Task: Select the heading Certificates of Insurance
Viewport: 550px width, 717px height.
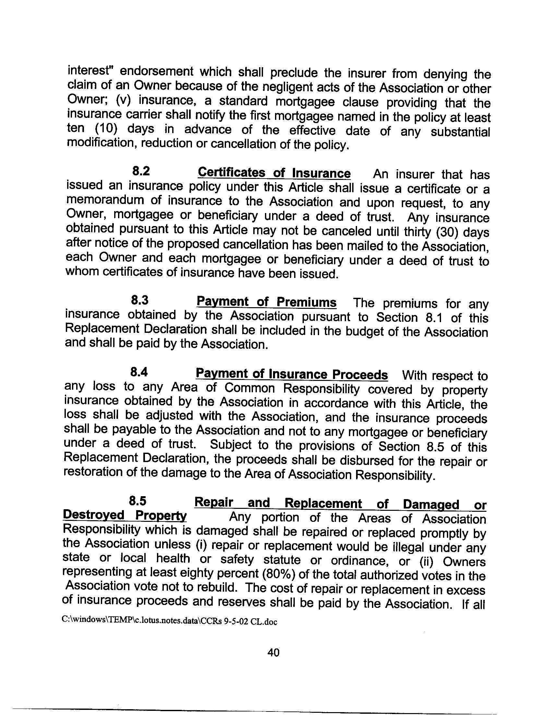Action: pos(274,173)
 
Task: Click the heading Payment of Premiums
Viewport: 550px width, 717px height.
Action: pos(266,302)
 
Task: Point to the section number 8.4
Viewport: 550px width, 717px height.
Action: pos(139,372)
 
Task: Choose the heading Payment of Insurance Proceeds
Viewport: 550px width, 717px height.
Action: pos(292,374)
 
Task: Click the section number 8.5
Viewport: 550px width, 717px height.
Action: pos(137,501)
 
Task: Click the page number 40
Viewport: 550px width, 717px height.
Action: pos(273,652)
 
